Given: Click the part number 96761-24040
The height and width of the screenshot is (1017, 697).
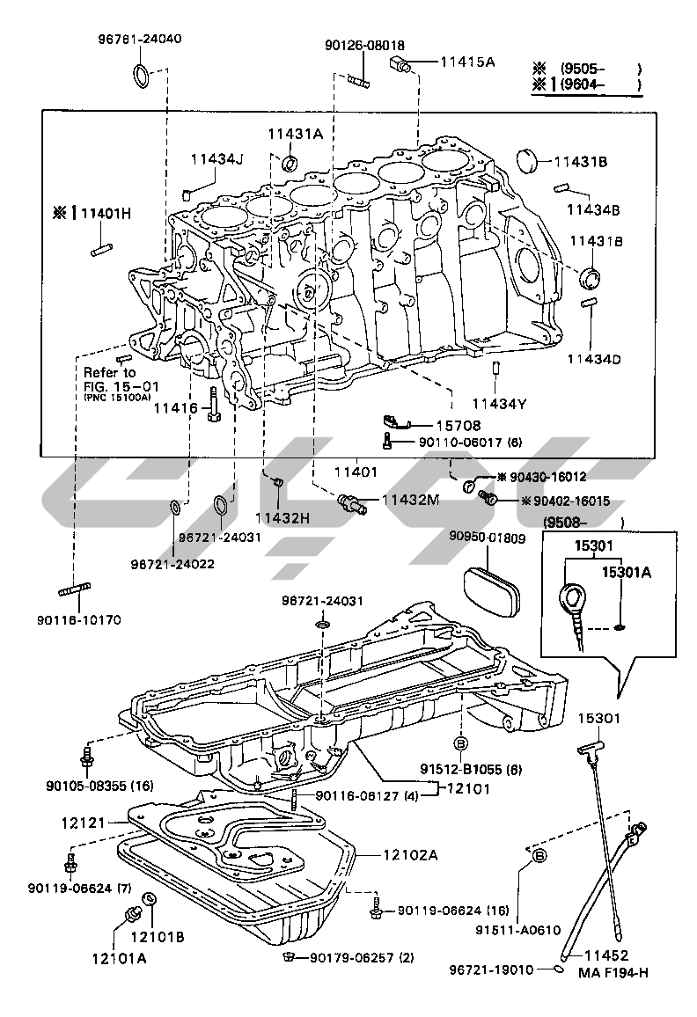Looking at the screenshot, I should point(141,40).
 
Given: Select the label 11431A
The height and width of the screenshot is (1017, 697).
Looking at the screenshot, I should point(296,133).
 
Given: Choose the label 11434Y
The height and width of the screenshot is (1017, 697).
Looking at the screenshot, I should point(498,404).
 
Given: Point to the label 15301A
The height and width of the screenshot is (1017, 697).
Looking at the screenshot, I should point(627,573).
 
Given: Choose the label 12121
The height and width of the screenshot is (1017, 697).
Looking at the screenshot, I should point(84,823).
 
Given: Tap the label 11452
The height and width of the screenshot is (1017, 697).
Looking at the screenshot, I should point(607,954).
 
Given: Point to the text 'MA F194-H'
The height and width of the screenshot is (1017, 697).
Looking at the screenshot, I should point(613,972).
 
